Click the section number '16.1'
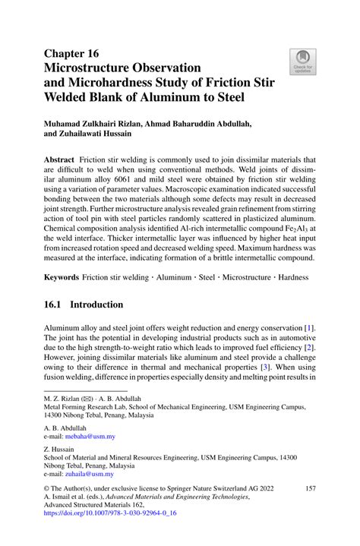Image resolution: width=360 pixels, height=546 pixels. (56, 305)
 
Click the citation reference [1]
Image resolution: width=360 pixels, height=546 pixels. (309, 327)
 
